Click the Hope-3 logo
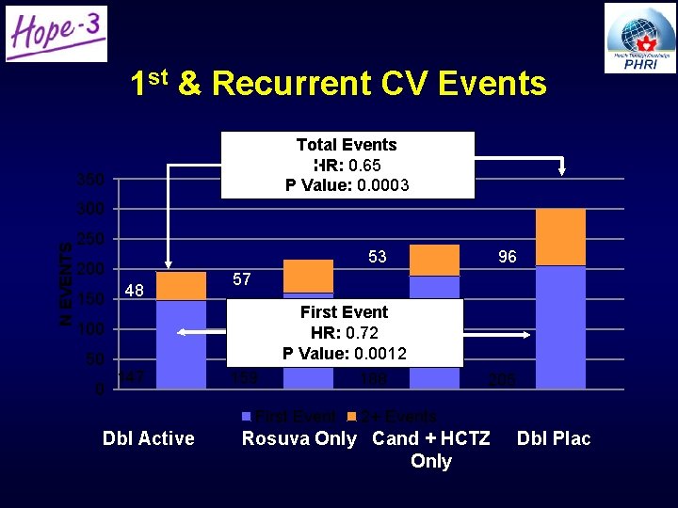[x=56, y=34]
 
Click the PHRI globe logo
[x=640, y=38]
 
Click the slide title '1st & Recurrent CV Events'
[x=338, y=84]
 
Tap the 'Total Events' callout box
[x=347, y=165]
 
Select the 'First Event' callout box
[x=344, y=332]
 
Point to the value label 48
[x=135, y=291]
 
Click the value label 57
[x=242, y=279]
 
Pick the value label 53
[x=377, y=257]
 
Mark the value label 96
[x=507, y=257]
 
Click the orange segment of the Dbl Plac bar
[x=560, y=237]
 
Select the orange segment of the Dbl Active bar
[x=181, y=286]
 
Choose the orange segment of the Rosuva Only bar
[x=308, y=276]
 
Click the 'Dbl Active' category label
[x=149, y=438]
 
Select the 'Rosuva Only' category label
[x=299, y=438]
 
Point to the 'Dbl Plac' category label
[x=554, y=438]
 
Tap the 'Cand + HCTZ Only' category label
[x=431, y=450]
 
